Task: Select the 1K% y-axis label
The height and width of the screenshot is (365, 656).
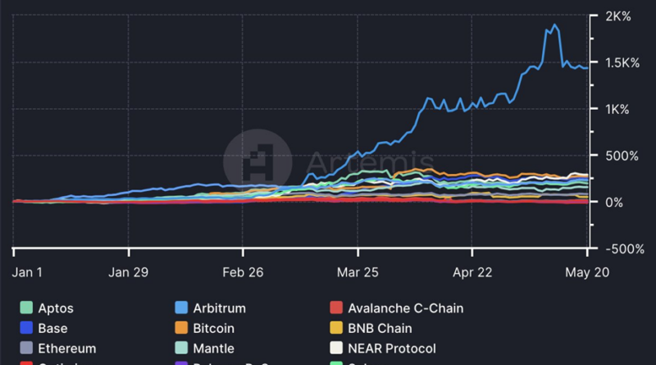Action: click(616, 109)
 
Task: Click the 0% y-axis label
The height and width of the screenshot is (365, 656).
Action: click(613, 202)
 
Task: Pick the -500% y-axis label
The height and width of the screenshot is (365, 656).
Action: click(621, 249)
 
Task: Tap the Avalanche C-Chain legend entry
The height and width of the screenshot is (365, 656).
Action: click(405, 308)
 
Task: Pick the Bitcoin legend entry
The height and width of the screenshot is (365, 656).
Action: click(213, 328)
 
